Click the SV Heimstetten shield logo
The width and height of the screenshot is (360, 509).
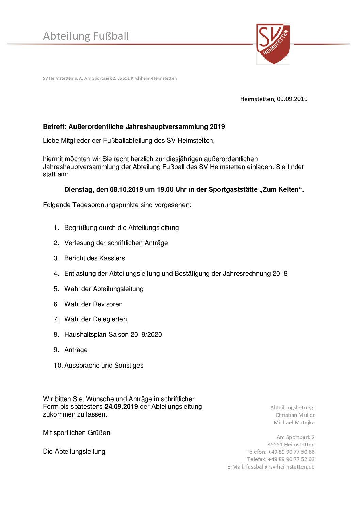pos(273,44)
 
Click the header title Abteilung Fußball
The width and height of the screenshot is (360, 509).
pos(86,36)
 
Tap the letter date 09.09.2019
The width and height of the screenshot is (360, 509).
pos(292,99)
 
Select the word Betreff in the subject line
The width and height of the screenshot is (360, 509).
pos(54,127)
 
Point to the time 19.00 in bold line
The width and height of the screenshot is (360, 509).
pos(165,190)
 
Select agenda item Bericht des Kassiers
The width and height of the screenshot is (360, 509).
pos(95,258)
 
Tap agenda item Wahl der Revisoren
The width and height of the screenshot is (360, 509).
pos(94,304)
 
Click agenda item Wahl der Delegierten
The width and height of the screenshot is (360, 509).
pos(96,319)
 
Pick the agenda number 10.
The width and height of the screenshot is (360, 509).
pos(58,366)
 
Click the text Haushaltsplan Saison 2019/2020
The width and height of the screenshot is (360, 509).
pos(113,335)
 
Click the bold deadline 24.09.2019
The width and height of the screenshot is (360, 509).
pos(121,407)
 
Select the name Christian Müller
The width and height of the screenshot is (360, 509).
pos(295,415)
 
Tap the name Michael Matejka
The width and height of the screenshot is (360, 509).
pos(294,423)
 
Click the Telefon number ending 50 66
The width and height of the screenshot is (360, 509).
pos(291,452)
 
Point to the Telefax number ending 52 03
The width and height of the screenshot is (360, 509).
pos(291,459)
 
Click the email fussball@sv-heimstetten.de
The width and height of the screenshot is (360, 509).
pos(280,467)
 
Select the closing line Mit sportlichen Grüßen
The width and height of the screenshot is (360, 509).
pos(77,433)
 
